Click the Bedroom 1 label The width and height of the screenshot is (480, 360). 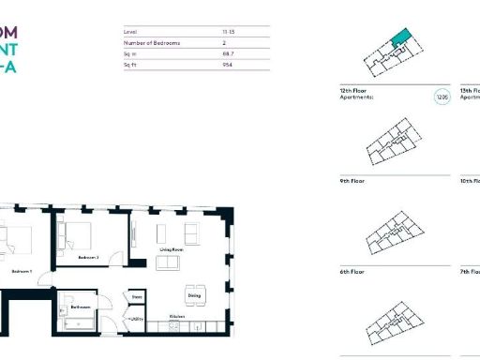coord(22,271)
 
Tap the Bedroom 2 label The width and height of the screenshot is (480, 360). coord(88,257)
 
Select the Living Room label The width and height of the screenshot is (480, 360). coord(170,249)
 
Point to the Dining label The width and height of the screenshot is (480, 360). coord(193,296)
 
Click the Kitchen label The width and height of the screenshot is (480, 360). coord(176,317)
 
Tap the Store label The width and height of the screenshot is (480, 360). coord(136,296)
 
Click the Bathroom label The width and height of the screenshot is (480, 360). coord(80,307)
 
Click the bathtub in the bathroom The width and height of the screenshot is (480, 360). coord(80,324)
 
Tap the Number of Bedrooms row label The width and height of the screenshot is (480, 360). coord(151,43)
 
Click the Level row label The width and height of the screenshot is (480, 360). coord(130,31)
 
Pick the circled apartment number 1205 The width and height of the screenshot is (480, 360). coord(442,97)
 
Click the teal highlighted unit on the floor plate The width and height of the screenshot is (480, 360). coord(401,37)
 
